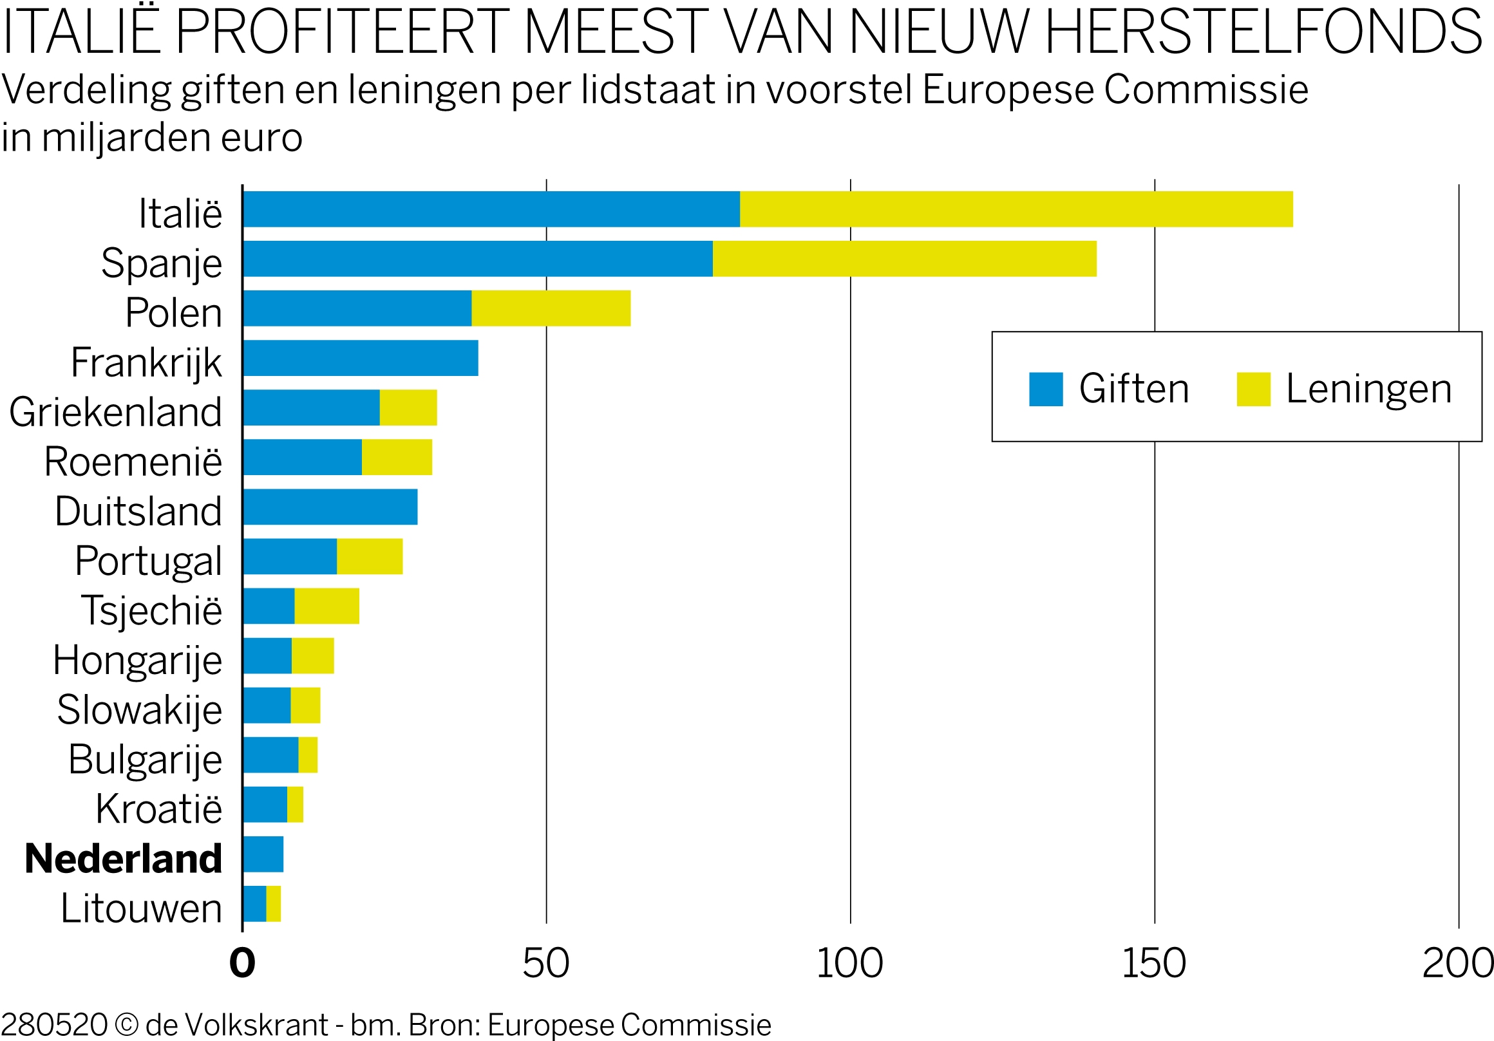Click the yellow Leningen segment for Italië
point(1016,209)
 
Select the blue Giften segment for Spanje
point(478,258)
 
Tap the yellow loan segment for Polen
point(551,308)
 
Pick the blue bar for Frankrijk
point(361,358)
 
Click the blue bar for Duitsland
point(330,506)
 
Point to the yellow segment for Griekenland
point(408,408)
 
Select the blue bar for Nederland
point(263,854)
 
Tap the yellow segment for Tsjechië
point(326,606)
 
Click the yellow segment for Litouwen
point(273,903)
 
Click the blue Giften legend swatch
point(1045,389)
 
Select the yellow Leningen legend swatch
point(1253,389)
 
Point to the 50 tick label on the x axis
point(545,963)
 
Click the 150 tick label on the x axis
point(1154,963)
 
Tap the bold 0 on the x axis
point(242,963)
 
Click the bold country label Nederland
point(124,858)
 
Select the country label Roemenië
point(133,462)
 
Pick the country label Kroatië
point(159,809)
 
